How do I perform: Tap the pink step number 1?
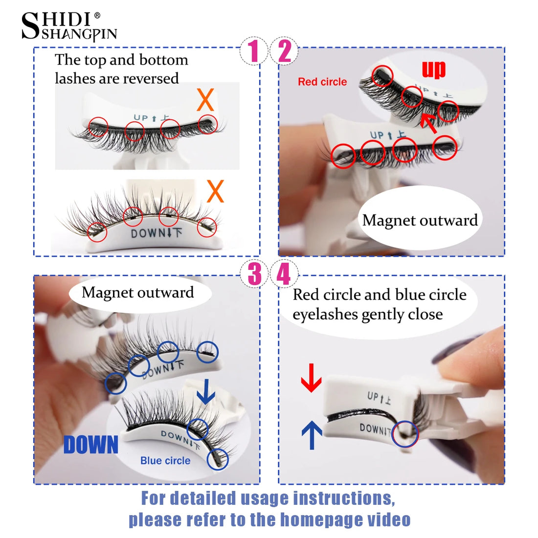[253, 51]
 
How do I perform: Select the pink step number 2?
[284, 51]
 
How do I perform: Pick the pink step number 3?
[254, 274]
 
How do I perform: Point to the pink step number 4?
[284, 274]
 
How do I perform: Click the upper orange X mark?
[205, 100]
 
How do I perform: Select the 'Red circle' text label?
[322, 82]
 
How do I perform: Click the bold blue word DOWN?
[91, 445]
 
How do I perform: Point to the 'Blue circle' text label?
[165, 461]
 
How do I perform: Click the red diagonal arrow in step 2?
[429, 123]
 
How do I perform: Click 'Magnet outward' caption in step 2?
[420, 221]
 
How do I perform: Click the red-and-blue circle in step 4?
[405, 434]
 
